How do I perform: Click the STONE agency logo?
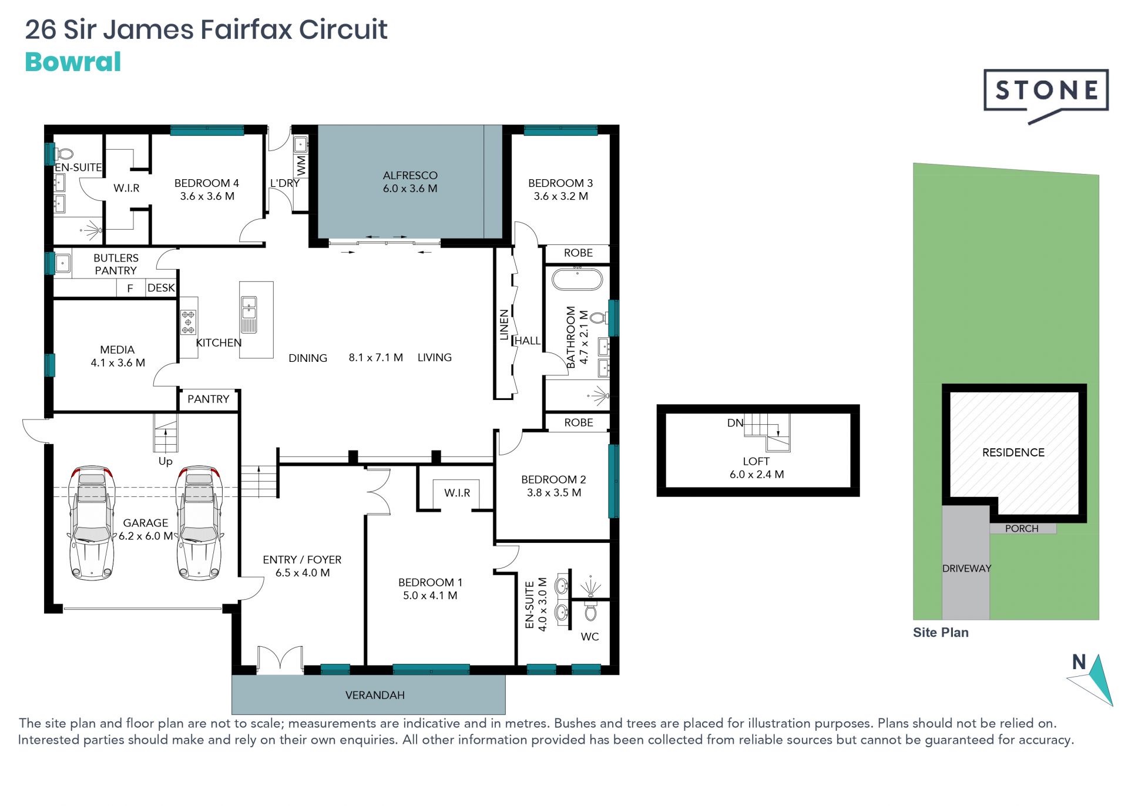1046,96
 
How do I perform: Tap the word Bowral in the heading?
73,62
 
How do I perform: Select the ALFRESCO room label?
410,175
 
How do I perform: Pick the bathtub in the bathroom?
577,279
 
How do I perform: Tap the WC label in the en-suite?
590,637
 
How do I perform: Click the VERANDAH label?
375,695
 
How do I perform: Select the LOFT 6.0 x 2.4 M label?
757,468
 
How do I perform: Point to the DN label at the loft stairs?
735,422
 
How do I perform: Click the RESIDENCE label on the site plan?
1013,452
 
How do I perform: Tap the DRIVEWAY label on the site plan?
966,568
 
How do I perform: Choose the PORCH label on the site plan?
1022,528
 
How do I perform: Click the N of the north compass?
1079,662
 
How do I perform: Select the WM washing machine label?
301,165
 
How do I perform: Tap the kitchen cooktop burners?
188,322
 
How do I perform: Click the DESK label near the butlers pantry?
161,288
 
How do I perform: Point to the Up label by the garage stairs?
166,461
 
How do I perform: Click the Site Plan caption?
941,632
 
